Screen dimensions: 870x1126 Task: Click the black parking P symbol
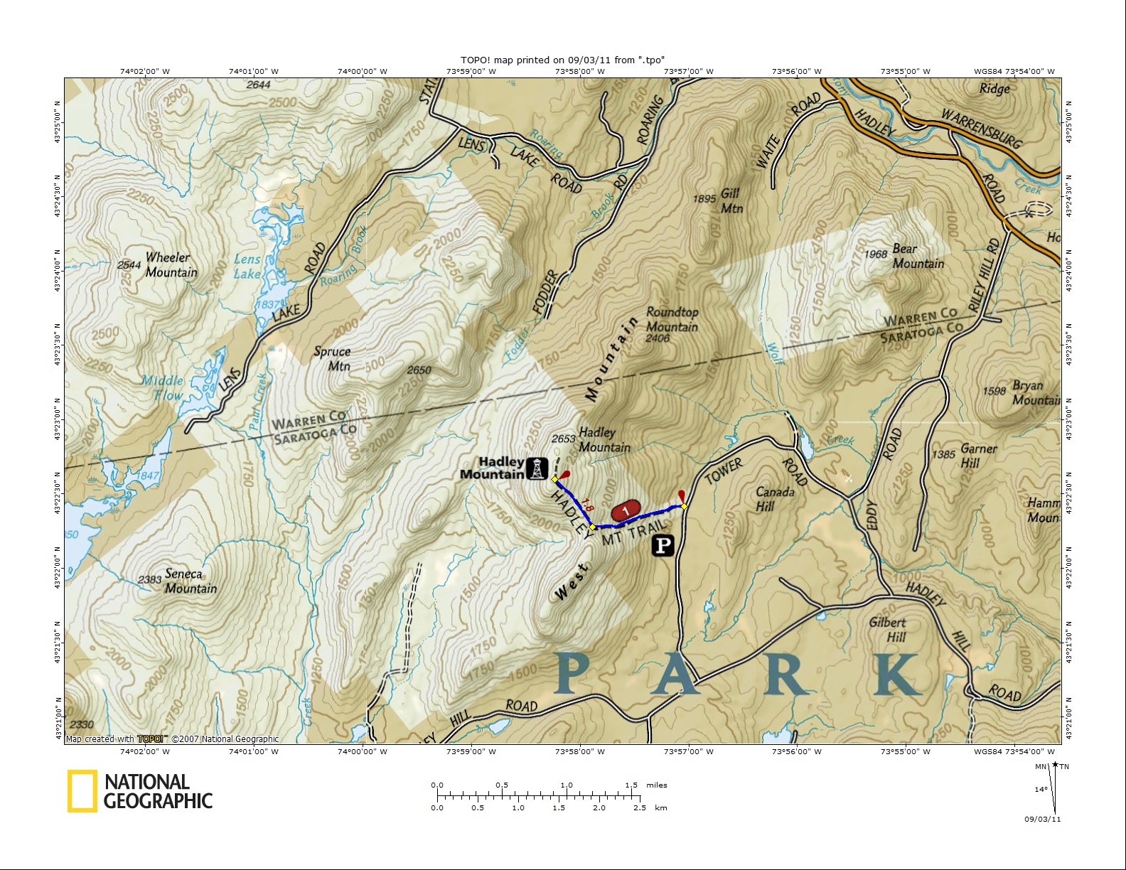coord(663,546)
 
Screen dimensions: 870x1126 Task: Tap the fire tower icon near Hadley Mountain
coord(537,468)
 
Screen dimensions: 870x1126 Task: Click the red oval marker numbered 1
coord(626,510)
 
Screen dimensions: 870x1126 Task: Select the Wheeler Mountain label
coord(171,265)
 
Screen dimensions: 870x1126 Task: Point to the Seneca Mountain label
coord(189,581)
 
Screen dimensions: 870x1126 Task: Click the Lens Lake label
coord(247,267)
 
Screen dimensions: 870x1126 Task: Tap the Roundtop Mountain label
coord(672,320)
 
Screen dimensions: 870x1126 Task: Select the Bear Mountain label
coord(918,256)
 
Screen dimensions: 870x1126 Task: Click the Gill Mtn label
coord(731,200)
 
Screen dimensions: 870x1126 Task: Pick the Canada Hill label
coord(773,499)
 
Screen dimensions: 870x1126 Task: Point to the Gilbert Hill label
coord(888,629)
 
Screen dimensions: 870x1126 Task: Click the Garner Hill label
coord(978,456)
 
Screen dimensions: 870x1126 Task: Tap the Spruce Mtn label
coord(333,358)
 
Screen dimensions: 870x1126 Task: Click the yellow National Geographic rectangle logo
coord(82,791)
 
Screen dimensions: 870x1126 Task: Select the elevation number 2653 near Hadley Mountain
coord(563,439)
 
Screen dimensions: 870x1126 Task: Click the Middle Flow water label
coord(163,388)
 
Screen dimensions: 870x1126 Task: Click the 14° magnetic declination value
coord(1041,789)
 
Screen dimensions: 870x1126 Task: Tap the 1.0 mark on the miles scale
coord(567,785)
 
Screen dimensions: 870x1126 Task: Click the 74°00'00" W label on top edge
coord(363,71)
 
